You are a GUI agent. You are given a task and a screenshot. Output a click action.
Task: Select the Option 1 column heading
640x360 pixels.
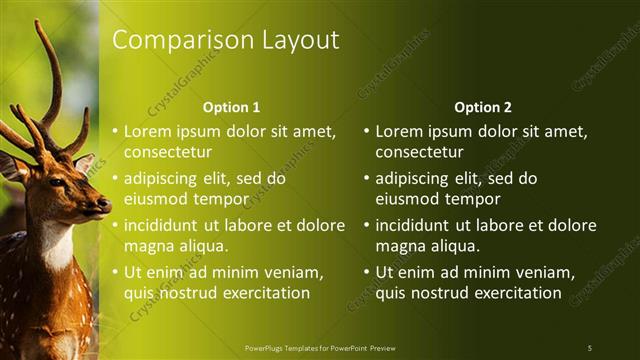point(231,107)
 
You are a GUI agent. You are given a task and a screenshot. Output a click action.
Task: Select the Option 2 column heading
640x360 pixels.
point(482,107)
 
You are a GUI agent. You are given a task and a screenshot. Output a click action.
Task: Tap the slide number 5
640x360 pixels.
point(589,348)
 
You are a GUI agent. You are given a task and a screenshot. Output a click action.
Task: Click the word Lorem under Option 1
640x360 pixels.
point(149,131)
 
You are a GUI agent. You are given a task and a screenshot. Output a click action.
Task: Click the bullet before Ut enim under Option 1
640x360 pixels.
point(116,272)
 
